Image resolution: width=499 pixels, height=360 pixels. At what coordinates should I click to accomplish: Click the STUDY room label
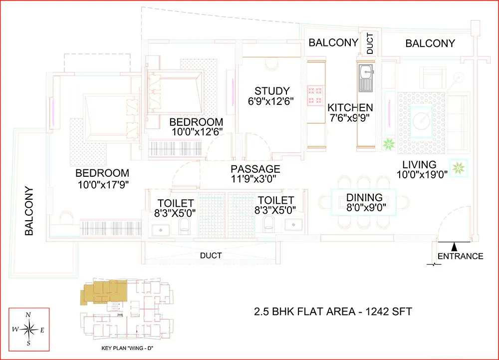tap(272, 91)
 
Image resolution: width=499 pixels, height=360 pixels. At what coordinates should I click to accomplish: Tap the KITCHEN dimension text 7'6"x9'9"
tap(350, 119)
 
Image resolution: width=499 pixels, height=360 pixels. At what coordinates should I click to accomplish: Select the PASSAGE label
tap(255, 169)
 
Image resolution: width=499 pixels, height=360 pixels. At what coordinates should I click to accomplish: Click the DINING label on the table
tap(364, 197)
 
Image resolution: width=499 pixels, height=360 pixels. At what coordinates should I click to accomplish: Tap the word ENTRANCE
tap(460, 256)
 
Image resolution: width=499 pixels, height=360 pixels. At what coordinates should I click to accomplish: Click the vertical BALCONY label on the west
tap(29, 211)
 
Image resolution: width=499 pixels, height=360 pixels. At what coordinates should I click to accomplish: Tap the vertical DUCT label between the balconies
tap(370, 44)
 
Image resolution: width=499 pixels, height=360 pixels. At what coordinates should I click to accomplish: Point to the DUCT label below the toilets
tap(211, 255)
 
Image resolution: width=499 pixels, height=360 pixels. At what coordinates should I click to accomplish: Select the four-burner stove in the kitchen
tap(315, 95)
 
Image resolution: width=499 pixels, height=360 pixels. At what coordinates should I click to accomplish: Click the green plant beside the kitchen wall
tap(389, 145)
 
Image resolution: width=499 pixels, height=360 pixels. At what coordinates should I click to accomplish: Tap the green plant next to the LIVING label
tap(458, 168)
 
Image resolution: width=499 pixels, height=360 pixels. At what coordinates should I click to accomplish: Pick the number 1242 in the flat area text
tap(376, 312)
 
